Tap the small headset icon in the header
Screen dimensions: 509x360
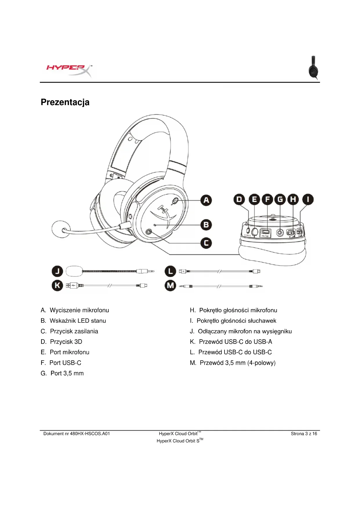click(313, 68)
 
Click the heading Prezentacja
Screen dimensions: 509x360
click(65, 102)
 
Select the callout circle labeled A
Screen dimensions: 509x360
click(206, 200)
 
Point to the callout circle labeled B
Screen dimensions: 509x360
click(206, 225)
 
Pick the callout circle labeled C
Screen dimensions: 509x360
click(206, 243)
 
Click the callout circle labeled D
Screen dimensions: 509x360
click(239, 199)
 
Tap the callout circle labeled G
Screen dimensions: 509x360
click(280, 199)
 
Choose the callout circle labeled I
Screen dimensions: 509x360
click(308, 199)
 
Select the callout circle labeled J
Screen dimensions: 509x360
click(57, 271)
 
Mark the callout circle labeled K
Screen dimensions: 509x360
click(57, 286)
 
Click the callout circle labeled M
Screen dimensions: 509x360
click(170, 286)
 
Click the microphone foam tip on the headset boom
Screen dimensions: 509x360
click(61, 229)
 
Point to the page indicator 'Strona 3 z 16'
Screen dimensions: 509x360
click(304, 434)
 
